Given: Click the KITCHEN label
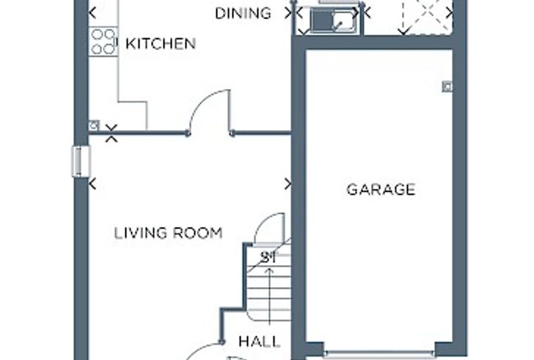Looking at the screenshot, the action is point(161,44).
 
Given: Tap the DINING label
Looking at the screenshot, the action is point(243,13).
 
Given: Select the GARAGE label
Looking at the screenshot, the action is point(381,190).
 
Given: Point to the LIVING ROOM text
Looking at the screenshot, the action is point(168,233).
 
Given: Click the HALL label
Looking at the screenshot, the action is point(259,341).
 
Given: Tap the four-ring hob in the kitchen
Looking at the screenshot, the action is point(103,41).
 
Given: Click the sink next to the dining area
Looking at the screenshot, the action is point(332,21).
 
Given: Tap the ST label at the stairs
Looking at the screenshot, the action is point(268,257).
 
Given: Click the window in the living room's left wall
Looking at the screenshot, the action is point(81,161).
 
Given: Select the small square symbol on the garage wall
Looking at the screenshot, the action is point(447,86).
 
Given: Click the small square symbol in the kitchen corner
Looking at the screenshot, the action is point(93,125).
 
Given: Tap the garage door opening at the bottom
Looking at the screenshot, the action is point(379,354).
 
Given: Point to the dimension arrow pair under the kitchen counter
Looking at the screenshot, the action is point(111,133).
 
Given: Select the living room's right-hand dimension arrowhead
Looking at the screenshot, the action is point(288,184).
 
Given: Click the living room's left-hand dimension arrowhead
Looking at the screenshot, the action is point(93,184).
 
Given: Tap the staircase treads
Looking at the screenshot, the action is point(269,283).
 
